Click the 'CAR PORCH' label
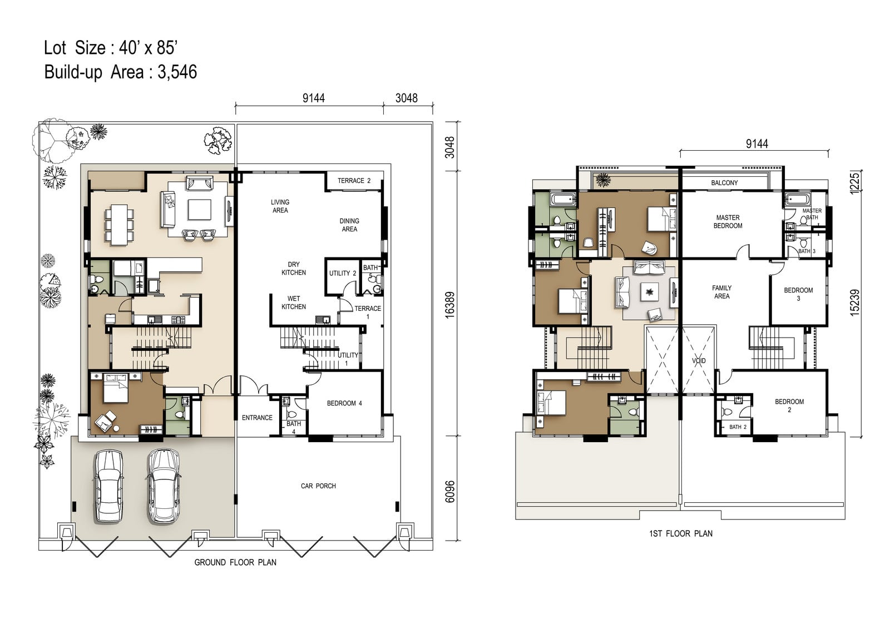click(318, 486)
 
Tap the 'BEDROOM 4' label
click(344, 403)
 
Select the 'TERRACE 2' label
click(354, 181)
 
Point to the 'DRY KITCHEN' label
click(294, 269)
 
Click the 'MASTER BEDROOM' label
click(728, 222)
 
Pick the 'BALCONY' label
click(724, 183)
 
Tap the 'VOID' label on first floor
click(699, 361)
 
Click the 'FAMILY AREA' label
click(721, 292)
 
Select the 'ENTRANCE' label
click(257, 418)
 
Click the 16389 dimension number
click(449, 305)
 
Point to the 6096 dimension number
click(449, 492)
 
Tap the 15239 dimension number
click(855, 303)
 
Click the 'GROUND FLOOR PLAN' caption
click(235, 562)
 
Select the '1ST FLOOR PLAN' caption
click(681, 534)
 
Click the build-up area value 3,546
click(177, 72)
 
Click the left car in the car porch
click(108, 487)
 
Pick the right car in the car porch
click(164, 487)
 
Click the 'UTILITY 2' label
click(343, 274)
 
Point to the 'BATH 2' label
click(738, 427)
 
